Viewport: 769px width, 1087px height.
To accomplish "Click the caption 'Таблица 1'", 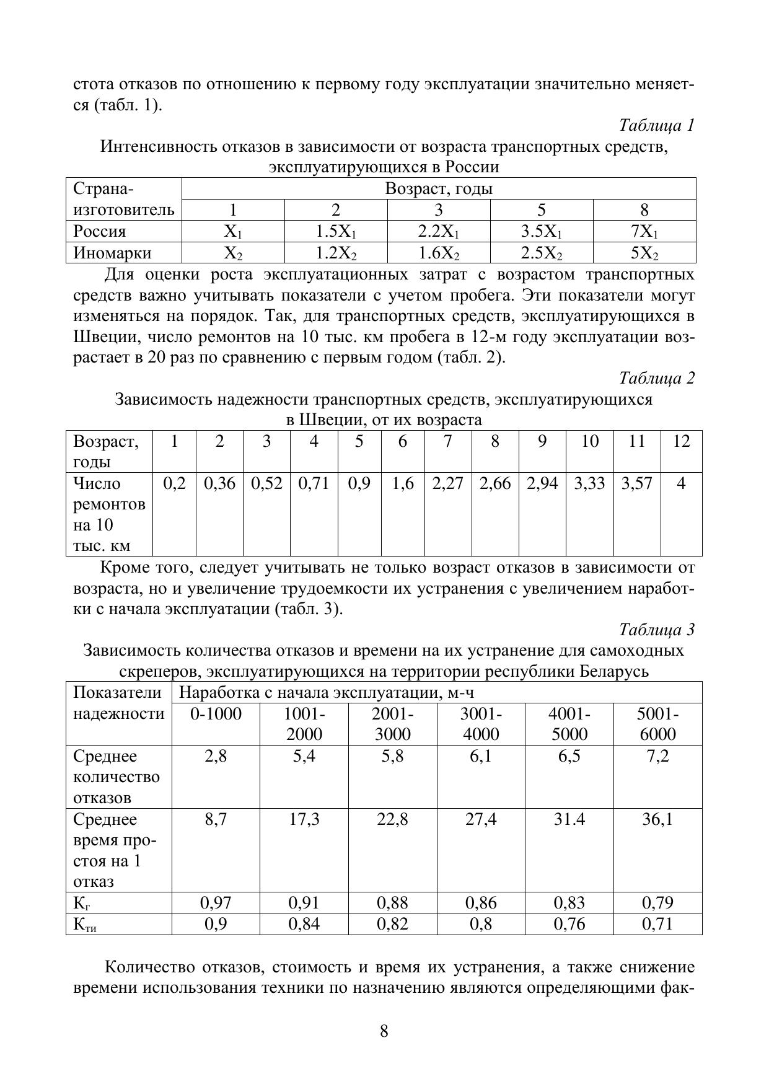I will pyautogui.click(x=656, y=126).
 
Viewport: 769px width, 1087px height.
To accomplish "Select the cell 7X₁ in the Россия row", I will pyautogui.click(x=644, y=232).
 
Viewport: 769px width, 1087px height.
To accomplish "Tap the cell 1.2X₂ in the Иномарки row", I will pyautogui.click(x=336, y=253).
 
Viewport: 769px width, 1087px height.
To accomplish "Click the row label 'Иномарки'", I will pyautogui.click(x=112, y=253).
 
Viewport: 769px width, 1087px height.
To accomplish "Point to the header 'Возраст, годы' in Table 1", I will pyautogui.click(x=439, y=188).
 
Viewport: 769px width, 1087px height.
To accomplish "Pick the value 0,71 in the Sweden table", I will pyautogui.click(x=314, y=483).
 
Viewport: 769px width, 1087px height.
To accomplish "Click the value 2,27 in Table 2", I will pyautogui.click(x=447, y=483).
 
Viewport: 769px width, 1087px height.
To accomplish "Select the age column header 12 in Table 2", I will pyautogui.click(x=681, y=441).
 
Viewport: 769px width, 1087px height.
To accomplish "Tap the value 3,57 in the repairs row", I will pyautogui.click(x=637, y=483).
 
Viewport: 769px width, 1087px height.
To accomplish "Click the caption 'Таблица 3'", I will pyautogui.click(x=656, y=630).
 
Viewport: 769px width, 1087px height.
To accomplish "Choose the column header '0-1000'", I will pyautogui.click(x=216, y=714).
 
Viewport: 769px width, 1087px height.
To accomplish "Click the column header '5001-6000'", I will pyautogui.click(x=657, y=724).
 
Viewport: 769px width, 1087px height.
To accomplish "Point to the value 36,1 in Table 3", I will pyautogui.click(x=657, y=820).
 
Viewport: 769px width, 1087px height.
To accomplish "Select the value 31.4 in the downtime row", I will pyautogui.click(x=569, y=820).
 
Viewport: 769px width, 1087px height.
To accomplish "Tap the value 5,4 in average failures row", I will pyautogui.click(x=304, y=756).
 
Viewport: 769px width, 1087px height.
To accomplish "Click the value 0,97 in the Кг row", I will pyautogui.click(x=216, y=903).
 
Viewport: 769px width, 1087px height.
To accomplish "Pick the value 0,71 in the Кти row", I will pyautogui.click(x=657, y=924).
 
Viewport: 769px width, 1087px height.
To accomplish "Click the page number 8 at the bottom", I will pyautogui.click(x=384, y=1032).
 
